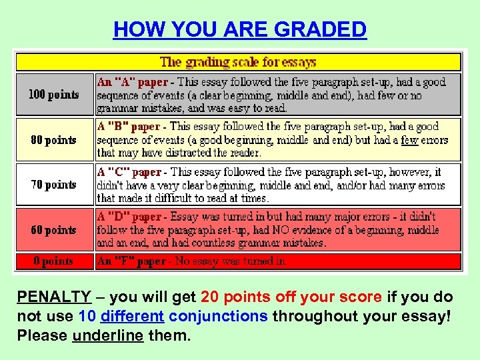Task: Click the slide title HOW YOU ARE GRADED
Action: (240, 29)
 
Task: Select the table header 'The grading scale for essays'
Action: (238, 62)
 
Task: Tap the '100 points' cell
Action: (53, 95)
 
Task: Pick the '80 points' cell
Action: (53, 140)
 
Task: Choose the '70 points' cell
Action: (53, 185)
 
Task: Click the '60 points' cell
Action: (53, 230)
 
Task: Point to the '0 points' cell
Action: (53, 261)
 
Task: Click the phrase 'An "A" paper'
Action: (133, 82)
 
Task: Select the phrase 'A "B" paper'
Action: (129, 127)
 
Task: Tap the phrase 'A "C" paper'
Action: (129, 172)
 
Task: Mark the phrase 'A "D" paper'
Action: (129, 217)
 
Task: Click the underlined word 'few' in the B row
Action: (409, 140)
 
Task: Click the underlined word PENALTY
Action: (54, 297)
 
